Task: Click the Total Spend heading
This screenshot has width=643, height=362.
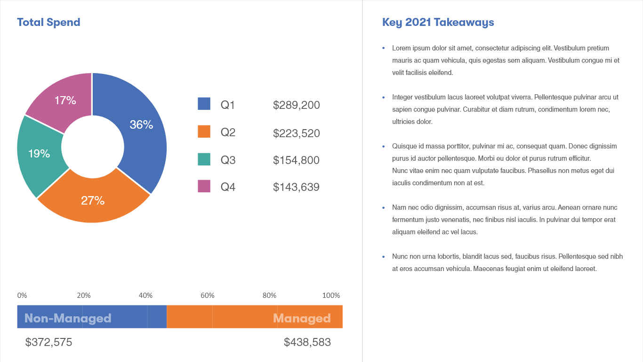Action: coord(48,22)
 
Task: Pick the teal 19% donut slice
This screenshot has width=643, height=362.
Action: coord(40,153)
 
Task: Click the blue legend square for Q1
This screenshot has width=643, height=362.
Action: coord(204,104)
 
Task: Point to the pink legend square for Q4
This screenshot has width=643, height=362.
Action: coord(204,186)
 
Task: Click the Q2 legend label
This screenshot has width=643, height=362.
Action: coord(228,132)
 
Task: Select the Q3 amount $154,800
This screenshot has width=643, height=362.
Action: coord(296,160)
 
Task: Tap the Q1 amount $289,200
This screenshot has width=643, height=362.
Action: coord(296,105)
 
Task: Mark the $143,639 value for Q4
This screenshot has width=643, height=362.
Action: coord(296,187)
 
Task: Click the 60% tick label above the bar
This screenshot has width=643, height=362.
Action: coord(208,296)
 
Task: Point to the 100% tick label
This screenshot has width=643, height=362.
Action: coord(331,296)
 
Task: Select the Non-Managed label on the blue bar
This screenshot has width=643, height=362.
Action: coord(68,318)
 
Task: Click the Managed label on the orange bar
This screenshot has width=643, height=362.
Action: coord(302,318)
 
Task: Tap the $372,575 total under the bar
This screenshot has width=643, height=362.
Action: coord(49,342)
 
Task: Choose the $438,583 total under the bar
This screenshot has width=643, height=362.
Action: coord(307,342)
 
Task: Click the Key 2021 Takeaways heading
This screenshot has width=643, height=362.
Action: coord(438,22)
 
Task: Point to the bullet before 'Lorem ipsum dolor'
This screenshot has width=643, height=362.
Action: coord(384,48)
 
